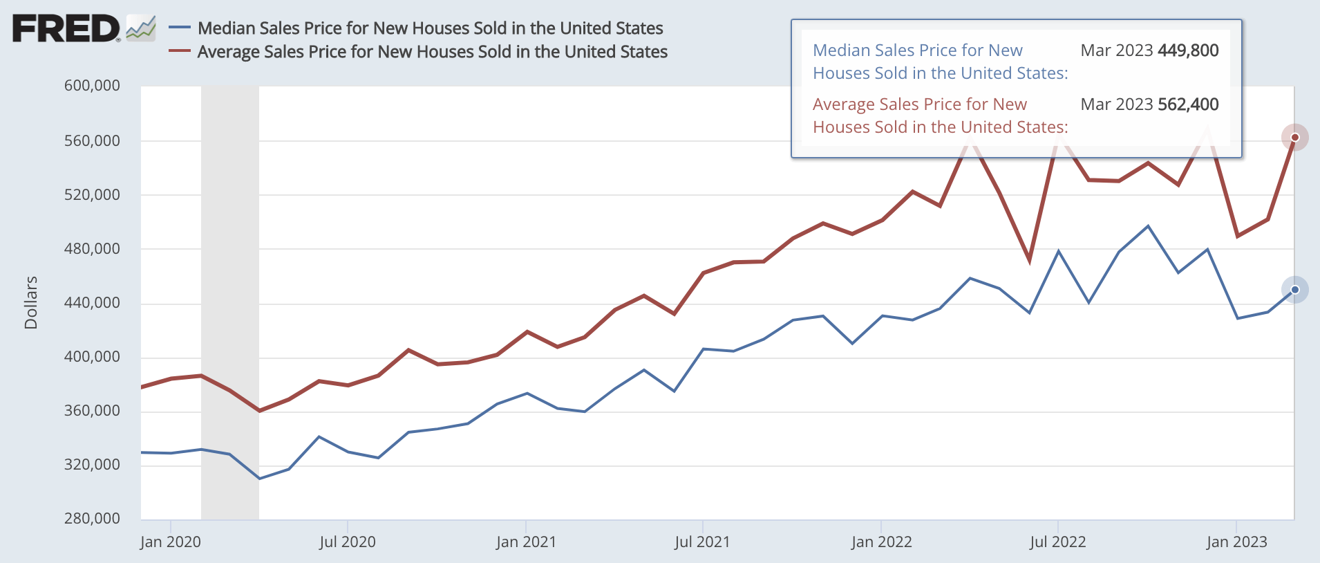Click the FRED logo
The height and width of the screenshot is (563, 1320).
tap(66, 29)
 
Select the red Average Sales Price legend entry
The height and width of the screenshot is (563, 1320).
tap(432, 52)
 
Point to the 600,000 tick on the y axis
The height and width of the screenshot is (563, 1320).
tap(92, 86)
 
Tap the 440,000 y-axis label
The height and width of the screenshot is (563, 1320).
tap(92, 302)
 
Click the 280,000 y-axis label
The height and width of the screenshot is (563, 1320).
tap(92, 518)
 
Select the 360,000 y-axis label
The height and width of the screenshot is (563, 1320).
tap(92, 410)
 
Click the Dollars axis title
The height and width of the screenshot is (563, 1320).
tap(31, 302)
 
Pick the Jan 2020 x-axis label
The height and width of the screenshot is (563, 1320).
tap(170, 542)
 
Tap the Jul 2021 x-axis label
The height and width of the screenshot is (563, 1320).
tap(702, 542)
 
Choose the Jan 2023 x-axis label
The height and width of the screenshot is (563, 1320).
tap(1236, 542)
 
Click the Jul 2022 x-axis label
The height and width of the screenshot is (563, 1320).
tap(1057, 542)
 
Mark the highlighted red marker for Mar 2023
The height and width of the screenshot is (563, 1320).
tap(1294, 137)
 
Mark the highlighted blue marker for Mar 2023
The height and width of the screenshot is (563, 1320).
tap(1294, 290)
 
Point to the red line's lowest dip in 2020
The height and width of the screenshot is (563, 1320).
tap(259, 411)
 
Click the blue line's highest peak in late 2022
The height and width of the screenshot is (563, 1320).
tap(1148, 226)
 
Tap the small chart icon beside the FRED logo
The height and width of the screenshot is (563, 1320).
tap(141, 28)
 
